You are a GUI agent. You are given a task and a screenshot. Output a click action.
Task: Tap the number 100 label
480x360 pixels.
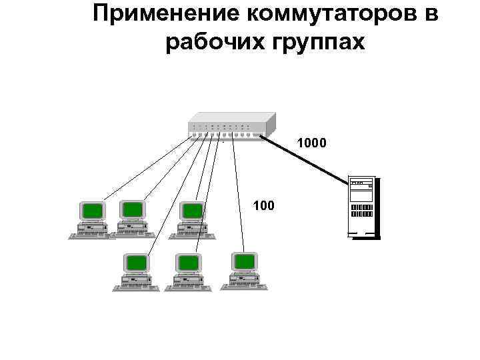pyautogui.click(x=263, y=205)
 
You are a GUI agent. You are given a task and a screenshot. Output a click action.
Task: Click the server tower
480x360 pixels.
pyautogui.click(x=361, y=207)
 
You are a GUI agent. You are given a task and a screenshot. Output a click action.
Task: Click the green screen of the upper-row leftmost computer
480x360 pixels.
pyautogui.click(x=93, y=211)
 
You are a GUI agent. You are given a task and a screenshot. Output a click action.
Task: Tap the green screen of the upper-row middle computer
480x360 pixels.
pyautogui.click(x=133, y=210)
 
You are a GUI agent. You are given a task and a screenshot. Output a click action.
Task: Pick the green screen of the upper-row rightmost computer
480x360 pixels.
pyautogui.click(x=193, y=211)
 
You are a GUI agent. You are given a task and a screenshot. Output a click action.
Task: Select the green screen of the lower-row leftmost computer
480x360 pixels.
pyautogui.click(x=137, y=262)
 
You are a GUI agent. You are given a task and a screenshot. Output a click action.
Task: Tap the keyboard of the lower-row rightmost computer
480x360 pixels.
pyautogui.click(x=247, y=287)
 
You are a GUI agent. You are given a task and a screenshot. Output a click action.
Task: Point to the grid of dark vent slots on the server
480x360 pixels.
pyautogui.click(x=361, y=210)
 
